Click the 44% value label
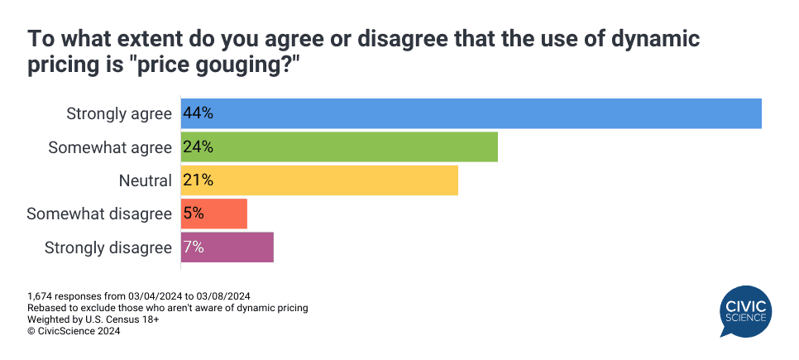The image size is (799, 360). click(x=199, y=113)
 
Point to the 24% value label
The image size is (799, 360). click(x=199, y=147)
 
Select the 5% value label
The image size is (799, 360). click(x=194, y=214)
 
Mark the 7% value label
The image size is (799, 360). click(x=194, y=247)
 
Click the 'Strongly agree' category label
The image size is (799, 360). click(x=119, y=113)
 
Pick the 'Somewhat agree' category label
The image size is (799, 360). click(x=110, y=147)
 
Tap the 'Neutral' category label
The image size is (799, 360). click(x=145, y=180)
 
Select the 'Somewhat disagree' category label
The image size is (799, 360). click(x=99, y=214)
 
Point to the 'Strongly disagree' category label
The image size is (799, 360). click(x=108, y=247)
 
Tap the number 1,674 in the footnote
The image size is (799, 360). click(x=41, y=296)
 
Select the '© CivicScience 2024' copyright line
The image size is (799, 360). click(x=74, y=331)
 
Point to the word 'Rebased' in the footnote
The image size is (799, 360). click(x=47, y=308)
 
